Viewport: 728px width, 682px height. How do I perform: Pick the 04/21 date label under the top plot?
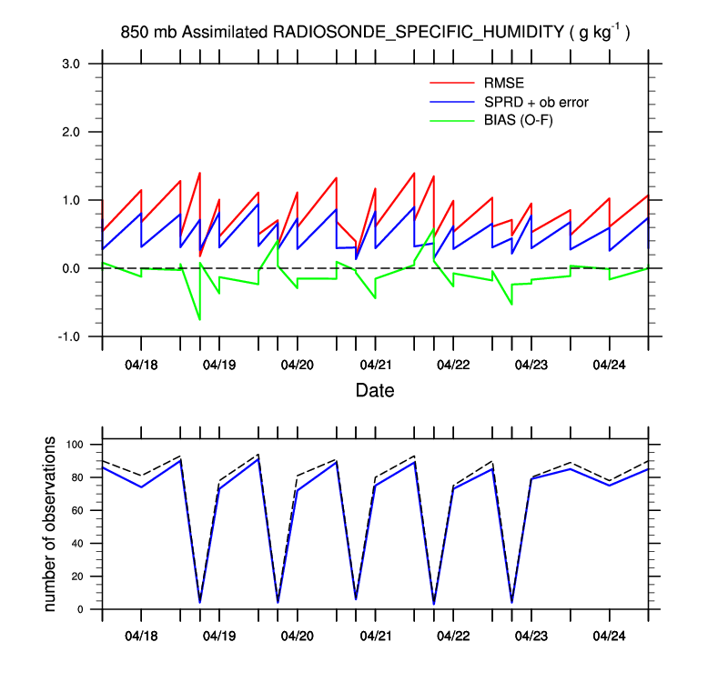tap(375, 365)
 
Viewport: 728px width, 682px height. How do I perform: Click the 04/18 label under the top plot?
tap(141, 365)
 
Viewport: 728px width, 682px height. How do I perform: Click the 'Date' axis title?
tap(375, 392)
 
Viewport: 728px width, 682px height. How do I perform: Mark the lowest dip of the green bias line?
tap(199, 319)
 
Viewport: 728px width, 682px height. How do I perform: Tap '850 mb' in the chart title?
tap(149, 33)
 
